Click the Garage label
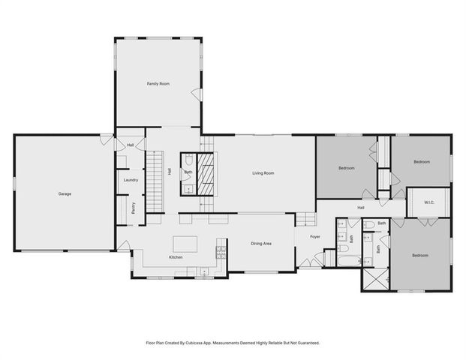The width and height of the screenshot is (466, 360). coord(65,194)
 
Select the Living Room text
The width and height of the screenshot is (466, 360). coord(263,173)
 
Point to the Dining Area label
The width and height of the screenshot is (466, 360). coord(260,243)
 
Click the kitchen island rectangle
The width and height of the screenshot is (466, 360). coord(185,244)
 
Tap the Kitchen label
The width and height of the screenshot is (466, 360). coord(176,257)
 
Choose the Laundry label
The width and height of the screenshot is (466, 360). coord(129,180)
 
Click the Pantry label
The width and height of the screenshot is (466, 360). coord(134,208)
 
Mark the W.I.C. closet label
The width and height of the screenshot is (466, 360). coord(429,202)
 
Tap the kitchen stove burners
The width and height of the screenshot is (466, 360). coord(221,253)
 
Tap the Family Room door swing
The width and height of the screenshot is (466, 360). coord(197,94)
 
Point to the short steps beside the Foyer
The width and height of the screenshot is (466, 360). coord(307,219)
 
